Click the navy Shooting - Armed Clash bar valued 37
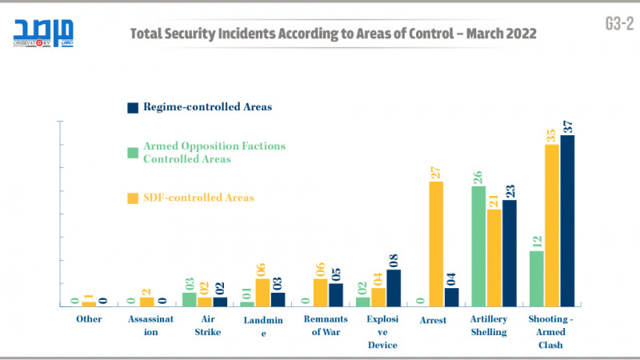click(567, 221)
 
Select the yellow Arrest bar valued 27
click(436, 244)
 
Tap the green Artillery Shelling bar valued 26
click(479, 246)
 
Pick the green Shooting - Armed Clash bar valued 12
click(537, 278)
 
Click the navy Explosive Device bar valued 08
click(394, 288)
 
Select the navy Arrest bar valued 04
click(451, 297)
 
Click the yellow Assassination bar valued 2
click(146, 302)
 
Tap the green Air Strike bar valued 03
click(190, 299)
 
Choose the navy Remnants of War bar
click(336, 294)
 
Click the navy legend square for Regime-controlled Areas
click(134, 107)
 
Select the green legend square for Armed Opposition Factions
click(134, 152)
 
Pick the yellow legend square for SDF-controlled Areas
click(134, 198)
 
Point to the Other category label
click(89, 319)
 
